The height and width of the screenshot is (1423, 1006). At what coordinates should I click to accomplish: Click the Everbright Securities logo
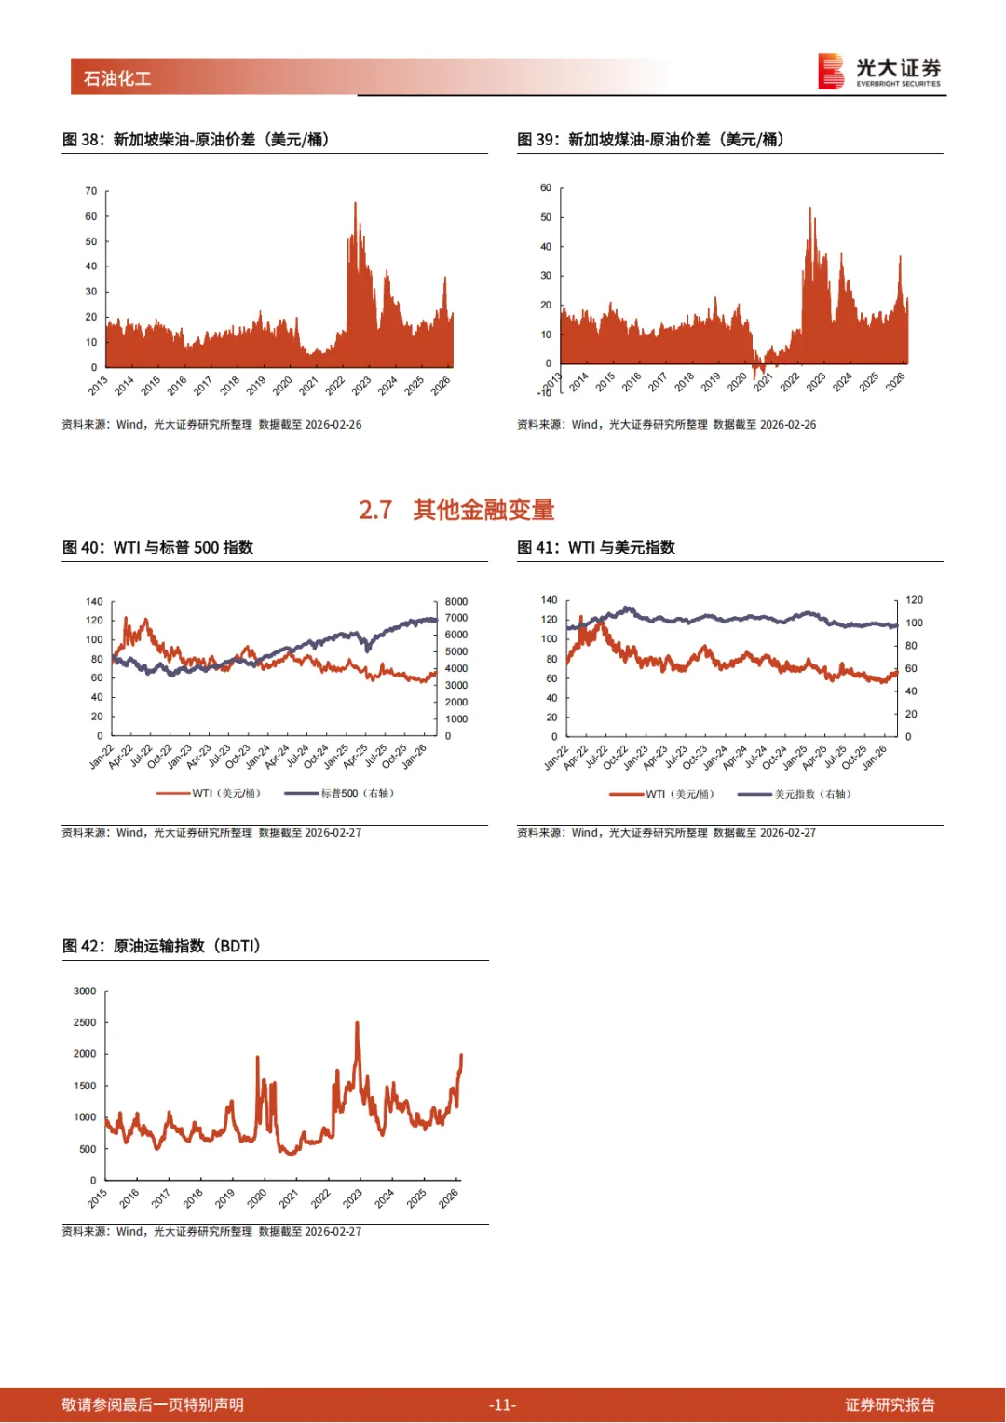tap(879, 72)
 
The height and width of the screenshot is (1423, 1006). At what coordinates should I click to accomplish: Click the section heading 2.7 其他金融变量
tap(456, 510)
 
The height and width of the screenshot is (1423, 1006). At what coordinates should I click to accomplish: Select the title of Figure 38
tap(196, 140)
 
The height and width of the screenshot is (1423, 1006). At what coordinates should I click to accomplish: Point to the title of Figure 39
tap(650, 140)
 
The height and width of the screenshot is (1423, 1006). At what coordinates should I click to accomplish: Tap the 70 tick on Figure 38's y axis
tap(91, 191)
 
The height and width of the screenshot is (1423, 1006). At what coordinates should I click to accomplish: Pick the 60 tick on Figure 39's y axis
tap(546, 188)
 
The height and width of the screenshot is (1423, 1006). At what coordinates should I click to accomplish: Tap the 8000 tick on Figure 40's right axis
tap(456, 602)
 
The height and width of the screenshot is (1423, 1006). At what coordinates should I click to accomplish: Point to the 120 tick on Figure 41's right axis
tap(914, 600)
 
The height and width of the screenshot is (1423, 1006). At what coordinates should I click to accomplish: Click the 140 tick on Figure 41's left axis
tap(550, 600)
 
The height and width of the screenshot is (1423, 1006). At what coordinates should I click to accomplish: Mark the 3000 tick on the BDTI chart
tap(85, 992)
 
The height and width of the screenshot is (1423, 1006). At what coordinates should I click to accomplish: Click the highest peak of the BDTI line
tap(357, 1024)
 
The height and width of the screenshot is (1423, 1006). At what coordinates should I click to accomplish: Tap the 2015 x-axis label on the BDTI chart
tap(97, 1198)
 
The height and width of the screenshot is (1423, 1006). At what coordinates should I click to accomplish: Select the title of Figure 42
tap(161, 946)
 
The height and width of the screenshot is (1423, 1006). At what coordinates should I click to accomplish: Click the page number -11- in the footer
tap(502, 1404)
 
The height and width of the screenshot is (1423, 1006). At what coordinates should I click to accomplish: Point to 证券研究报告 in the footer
tap(890, 1404)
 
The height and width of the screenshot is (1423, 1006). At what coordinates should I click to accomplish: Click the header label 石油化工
tap(117, 78)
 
